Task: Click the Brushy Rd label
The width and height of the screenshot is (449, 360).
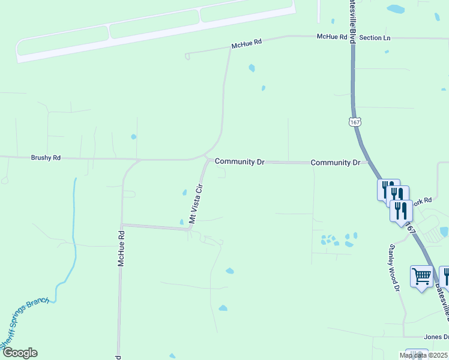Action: click(46, 158)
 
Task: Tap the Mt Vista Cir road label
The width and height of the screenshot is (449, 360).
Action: click(197, 203)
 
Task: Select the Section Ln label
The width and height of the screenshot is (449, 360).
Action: click(375, 38)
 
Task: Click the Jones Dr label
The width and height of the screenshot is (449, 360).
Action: click(436, 337)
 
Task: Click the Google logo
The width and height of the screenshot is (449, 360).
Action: click(19, 353)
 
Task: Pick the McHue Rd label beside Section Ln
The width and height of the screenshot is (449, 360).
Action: click(332, 37)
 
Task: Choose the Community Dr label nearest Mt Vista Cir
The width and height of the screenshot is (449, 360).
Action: click(240, 161)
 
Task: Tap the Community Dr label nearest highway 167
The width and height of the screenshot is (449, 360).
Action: click(336, 163)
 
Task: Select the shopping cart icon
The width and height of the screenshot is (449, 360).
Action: click(421, 276)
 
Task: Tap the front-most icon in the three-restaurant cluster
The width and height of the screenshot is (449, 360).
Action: click(400, 211)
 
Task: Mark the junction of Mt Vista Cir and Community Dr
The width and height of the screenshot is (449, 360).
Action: click(208, 160)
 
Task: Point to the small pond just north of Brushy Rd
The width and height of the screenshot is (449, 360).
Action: click(133, 137)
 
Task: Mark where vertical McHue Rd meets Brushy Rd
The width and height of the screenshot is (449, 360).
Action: click(138, 160)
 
